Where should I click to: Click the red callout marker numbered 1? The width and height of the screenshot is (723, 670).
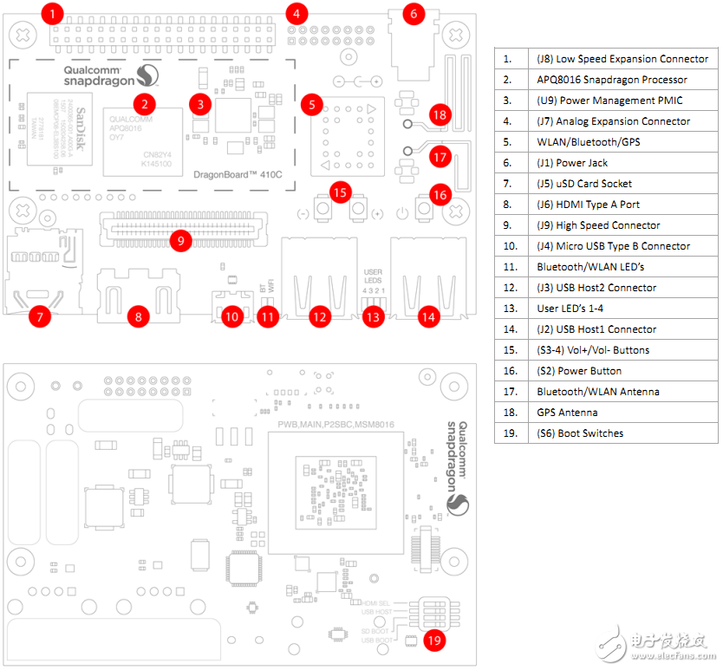pyautogui.click(x=53, y=14)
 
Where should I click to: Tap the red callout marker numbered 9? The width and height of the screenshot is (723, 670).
pyautogui.click(x=180, y=240)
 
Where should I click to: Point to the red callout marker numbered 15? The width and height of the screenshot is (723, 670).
pyautogui.click(x=340, y=192)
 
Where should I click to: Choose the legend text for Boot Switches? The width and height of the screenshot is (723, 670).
pyautogui.click(x=580, y=433)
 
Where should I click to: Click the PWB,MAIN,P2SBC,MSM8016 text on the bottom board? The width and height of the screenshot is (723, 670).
pyautogui.click(x=336, y=425)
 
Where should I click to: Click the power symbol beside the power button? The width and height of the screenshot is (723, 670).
pyautogui.click(x=400, y=212)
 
